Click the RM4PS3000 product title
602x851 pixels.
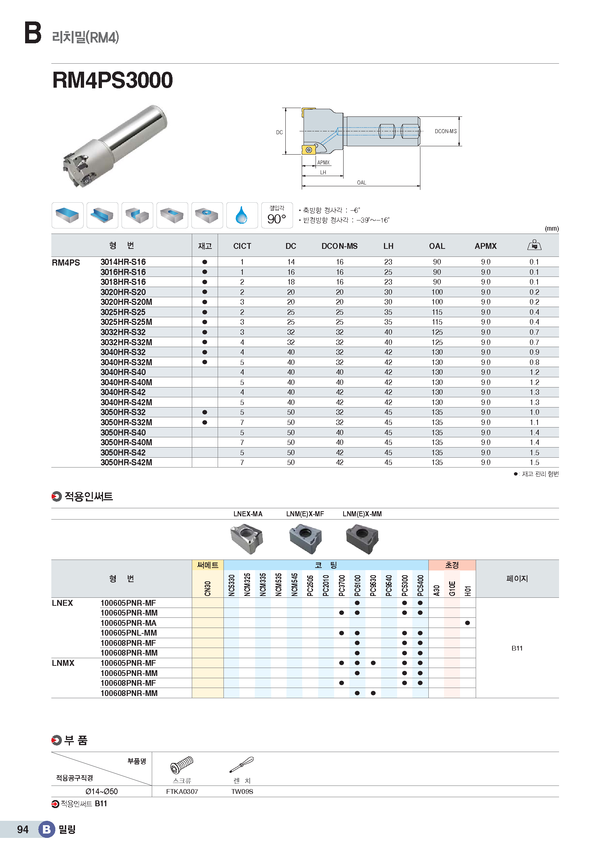tap(113, 80)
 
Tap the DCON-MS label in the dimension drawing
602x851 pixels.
tap(445, 131)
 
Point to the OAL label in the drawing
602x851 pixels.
tap(361, 183)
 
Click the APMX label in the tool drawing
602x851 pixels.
tap(323, 163)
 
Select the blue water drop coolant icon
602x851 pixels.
tap(242, 215)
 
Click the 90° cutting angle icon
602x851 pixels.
tap(277, 215)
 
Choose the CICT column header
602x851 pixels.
tap(242, 246)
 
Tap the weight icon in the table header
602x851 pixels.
tap(534, 245)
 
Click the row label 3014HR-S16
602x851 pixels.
tap(123, 262)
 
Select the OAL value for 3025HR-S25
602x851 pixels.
tap(437, 312)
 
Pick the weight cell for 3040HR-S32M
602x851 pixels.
tap(534, 362)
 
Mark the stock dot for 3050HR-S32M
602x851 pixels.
tap(205, 422)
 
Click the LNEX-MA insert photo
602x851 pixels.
tap(247, 538)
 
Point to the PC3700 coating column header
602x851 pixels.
tap(342, 585)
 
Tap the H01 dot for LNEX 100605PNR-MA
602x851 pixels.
tap(467, 623)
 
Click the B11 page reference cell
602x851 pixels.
tap(517, 648)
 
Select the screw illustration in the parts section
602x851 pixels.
tap(182, 765)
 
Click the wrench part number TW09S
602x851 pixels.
tap(242, 791)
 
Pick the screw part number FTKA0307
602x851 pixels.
tap(182, 791)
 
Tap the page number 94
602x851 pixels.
tap(23, 829)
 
